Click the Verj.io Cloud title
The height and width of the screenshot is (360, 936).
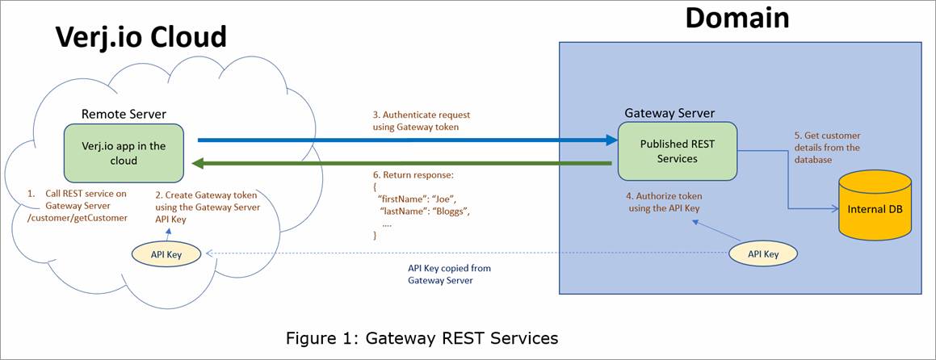[x=141, y=38]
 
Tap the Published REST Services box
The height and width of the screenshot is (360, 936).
[x=677, y=151]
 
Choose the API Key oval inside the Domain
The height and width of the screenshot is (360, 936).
[x=762, y=253]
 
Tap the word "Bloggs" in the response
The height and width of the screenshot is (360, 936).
[x=448, y=211]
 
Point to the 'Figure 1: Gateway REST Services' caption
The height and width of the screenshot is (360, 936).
[x=422, y=338]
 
